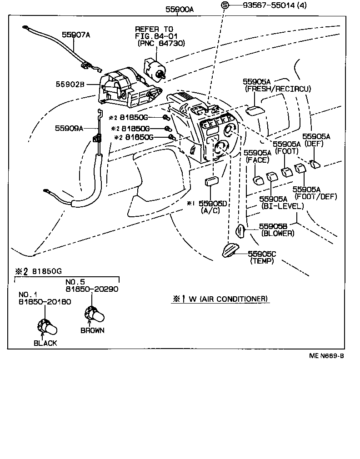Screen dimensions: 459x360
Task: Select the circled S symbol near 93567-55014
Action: pos(224,6)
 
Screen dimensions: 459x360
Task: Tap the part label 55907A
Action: pos(76,34)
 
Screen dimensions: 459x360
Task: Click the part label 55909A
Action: pos(69,128)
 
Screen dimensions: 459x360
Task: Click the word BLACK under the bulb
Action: pos(45,343)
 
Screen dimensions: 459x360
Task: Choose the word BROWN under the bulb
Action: pos(92,330)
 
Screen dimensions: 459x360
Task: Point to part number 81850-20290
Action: pos(91,289)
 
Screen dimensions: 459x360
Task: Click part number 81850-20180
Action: pos(45,302)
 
